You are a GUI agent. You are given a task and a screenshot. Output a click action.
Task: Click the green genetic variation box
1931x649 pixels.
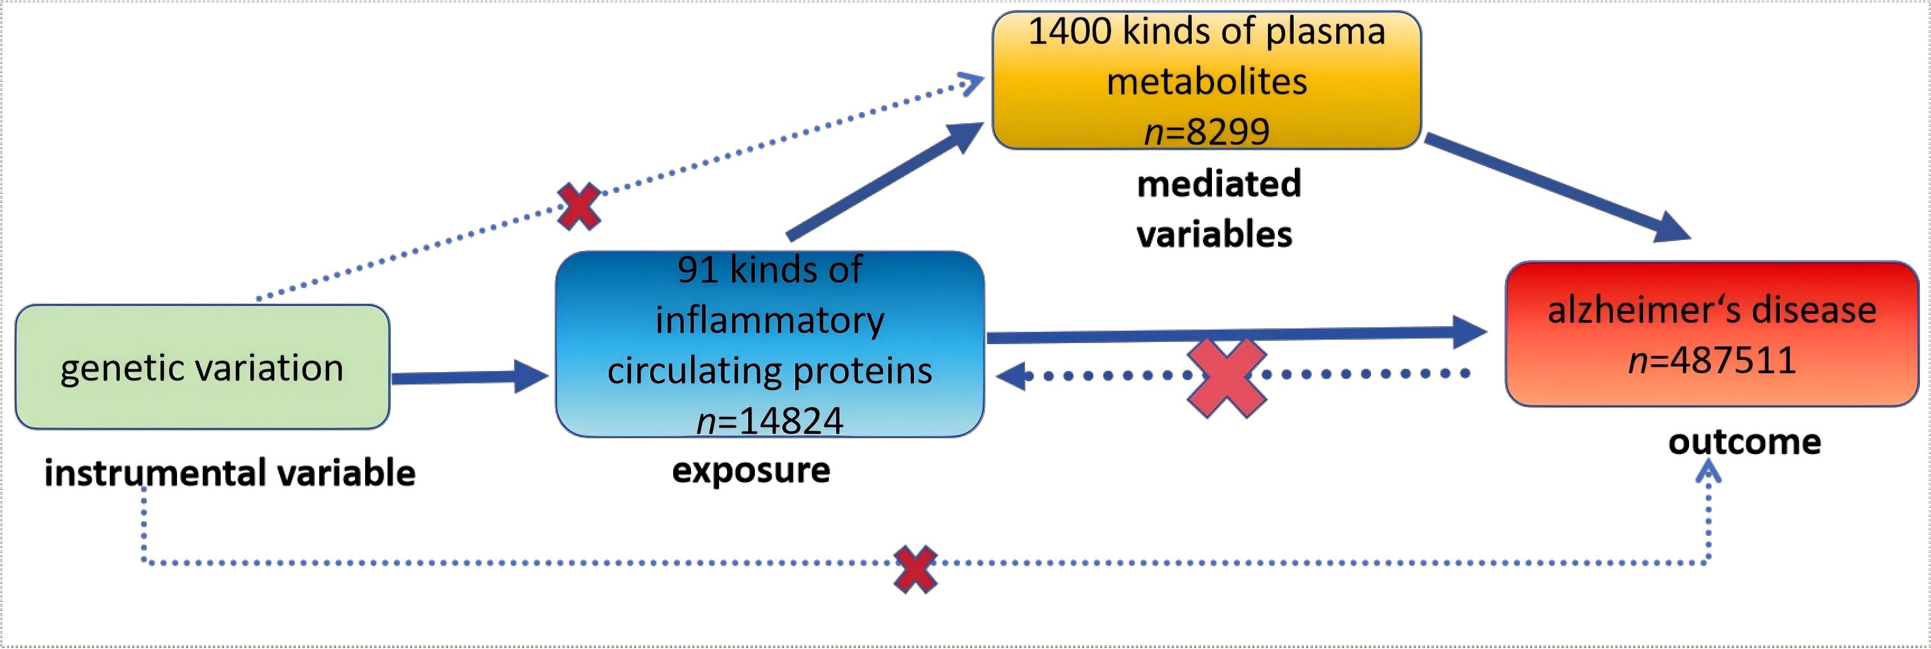(x=202, y=367)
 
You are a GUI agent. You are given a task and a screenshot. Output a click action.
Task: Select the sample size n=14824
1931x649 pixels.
(x=770, y=420)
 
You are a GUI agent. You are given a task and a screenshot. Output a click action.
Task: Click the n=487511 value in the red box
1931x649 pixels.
(x=1712, y=360)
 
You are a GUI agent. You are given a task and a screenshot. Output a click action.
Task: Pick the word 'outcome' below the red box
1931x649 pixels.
(x=1745, y=442)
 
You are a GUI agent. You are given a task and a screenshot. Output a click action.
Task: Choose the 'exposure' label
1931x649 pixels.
(x=751, y=470)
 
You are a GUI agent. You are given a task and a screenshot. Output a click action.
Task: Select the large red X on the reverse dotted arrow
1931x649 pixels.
(x=1226, y=377)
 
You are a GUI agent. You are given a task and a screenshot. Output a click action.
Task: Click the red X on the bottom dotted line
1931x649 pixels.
(x=915, y=569)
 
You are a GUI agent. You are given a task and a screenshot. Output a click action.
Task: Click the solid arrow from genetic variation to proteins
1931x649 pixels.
(x=469, y=377)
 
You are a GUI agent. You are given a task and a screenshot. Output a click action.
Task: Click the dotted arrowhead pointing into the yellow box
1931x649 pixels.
(x=973, y=84)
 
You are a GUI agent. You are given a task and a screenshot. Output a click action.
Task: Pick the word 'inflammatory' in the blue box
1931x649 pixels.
(x=770, y=321)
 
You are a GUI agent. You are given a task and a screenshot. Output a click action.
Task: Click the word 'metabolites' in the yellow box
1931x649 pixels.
(x=1206, y=82)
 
